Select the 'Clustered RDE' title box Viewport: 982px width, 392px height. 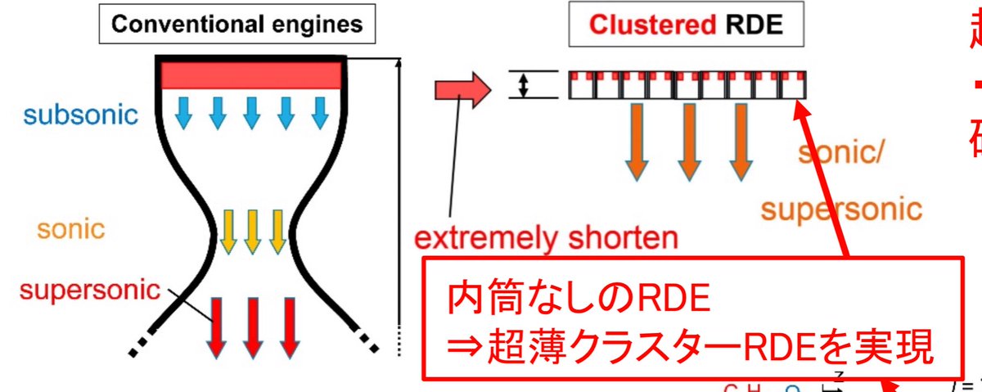(x=687, y=25)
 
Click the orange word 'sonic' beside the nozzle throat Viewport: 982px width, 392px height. (x=70, y=228)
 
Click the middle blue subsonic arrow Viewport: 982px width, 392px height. (x=251, y=113)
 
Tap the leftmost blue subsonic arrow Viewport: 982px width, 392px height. (x=183, y=113)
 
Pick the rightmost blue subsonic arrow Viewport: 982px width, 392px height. (x=319, y=113)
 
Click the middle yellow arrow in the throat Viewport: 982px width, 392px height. (x=252, y=232)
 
